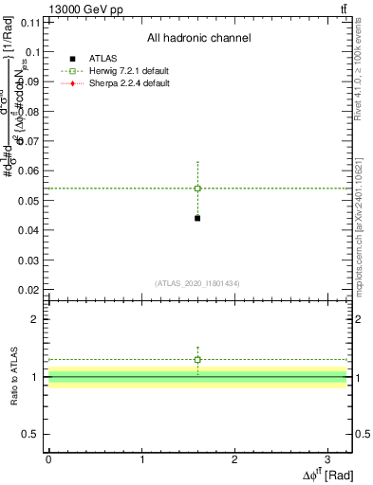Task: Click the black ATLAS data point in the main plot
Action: click(197, 218)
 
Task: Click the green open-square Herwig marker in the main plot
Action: click(197, 189)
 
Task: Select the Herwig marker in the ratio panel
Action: click(197, 360)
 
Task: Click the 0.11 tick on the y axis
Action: click(30, 24)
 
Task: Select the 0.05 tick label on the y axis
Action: click(28, 201)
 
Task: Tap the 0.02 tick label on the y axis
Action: click(28, 290)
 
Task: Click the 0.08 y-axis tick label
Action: click(28, 113)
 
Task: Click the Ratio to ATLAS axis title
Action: click(12, 377)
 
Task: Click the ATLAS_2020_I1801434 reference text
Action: click(197, 283)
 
